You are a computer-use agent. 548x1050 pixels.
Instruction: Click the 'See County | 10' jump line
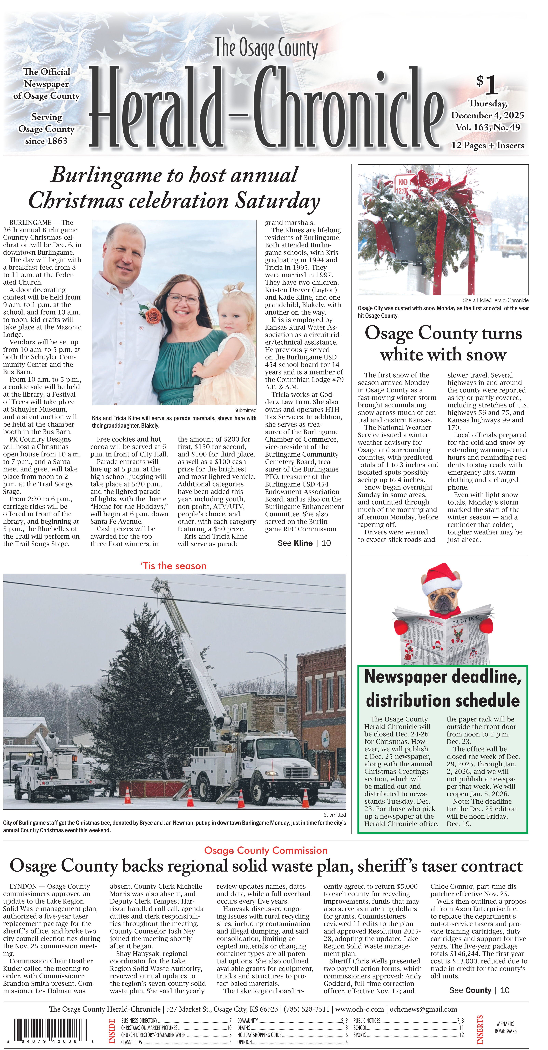pos(479,990)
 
